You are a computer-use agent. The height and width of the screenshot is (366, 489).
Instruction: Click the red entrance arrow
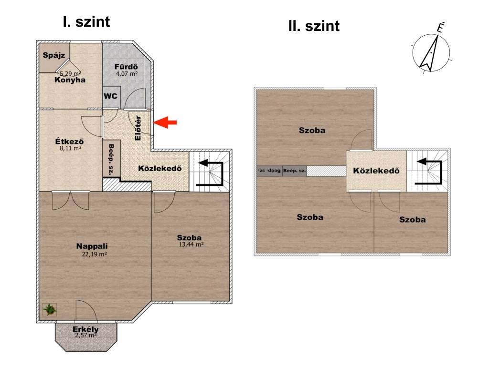click(165, 122)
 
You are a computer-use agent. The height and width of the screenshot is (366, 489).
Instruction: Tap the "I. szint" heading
click(86, 22)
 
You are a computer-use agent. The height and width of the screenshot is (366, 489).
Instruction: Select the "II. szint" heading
click(314, 26)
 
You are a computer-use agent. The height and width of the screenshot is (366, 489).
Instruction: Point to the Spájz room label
click(54, 55)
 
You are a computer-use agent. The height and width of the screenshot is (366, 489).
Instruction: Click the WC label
click(110, 95)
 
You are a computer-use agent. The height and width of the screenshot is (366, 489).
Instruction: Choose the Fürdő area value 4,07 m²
click(127, 74)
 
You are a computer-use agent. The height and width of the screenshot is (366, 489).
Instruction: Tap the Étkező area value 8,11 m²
click(71, 148)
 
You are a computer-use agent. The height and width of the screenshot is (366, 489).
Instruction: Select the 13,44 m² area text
click(191, 244)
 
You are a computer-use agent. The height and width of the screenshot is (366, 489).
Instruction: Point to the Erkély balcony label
click(85, 329)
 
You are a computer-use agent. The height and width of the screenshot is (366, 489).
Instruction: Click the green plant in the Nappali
click(50, 310)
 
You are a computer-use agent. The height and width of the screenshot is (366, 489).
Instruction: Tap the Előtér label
click(138, 128)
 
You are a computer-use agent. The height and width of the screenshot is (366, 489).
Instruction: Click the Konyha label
click(70, 80)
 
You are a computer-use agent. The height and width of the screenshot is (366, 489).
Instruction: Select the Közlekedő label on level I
click(159, 168)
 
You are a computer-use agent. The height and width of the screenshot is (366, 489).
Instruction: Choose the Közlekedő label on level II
click(376, 171)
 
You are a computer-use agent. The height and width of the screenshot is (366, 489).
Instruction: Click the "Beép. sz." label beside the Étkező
click(111, 159)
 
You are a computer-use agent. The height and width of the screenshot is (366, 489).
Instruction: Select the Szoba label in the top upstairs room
click(312, 130)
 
